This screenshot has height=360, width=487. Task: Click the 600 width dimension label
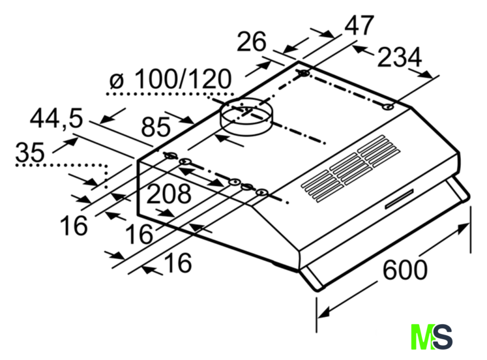[405, 270]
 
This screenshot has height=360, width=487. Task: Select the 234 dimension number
[400, 57]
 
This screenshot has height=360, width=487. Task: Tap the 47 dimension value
[359, 25]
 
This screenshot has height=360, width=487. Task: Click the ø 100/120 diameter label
[171, 79]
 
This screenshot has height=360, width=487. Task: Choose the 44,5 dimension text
[57, 118]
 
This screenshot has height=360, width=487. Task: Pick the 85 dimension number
[156, 127]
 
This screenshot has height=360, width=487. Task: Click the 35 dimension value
[30, 152]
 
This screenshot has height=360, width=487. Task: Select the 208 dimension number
[169, 194]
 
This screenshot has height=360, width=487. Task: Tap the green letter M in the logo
[422, 337]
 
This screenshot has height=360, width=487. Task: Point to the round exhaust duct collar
[245, 117]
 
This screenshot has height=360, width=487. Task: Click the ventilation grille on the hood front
[350, 169]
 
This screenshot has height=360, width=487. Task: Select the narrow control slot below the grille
[400, 199]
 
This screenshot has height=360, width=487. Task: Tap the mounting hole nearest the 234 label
[388, 107]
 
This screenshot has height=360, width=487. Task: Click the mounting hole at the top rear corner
[304, 73]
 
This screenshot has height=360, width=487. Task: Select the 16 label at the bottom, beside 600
[178, 262]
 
